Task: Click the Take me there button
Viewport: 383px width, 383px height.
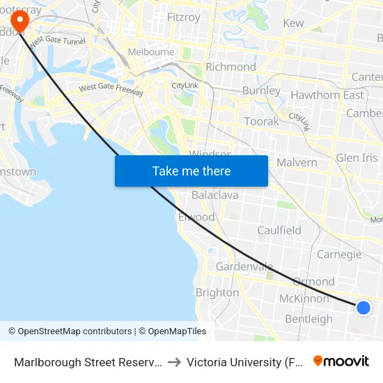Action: (x=191, y=171)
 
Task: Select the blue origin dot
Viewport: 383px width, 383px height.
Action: (x=363, y=307)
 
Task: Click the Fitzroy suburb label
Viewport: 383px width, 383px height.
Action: (x=184, y=17)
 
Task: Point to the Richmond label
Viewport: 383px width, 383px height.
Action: (x=231, y=67)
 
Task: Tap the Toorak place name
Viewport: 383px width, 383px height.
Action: (x=261, y=121)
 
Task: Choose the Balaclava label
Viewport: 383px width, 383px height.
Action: (x=214, y=195)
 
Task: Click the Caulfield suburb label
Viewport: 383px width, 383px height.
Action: (x=279, y=230)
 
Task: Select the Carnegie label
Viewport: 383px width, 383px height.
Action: (x=339, y=254)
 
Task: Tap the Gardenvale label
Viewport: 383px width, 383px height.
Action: (x=244, y=267)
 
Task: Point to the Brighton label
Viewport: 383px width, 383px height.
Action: (x=217, y=292)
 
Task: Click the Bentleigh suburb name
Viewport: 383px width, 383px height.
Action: (x=309, y=319)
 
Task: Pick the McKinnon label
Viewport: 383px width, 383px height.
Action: (x=304, y=298)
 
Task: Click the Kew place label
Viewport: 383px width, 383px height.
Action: (x=293, y=23)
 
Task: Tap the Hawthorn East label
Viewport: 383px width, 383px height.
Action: (x=327, y=95)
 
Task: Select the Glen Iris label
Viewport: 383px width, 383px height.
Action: (x=357, y=158)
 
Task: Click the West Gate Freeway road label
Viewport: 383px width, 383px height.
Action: (x=111, y=89)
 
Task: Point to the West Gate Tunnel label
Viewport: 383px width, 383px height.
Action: (x=57, y=40)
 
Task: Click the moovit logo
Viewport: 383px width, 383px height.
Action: (x=341, y=361)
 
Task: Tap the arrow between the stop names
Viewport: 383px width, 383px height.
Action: (x=174, y=361)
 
